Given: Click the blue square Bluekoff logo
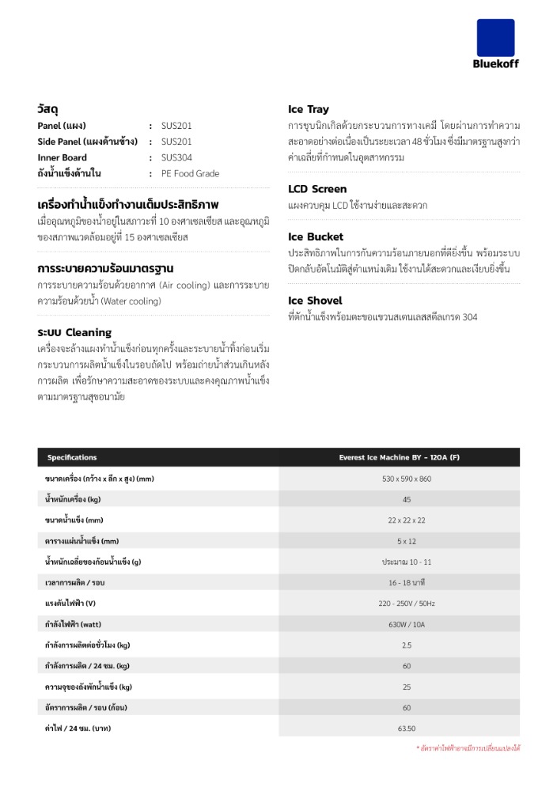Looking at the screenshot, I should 495,38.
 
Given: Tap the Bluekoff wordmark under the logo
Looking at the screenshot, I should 497,64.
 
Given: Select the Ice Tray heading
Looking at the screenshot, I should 309,109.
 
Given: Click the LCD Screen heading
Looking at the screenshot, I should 317,189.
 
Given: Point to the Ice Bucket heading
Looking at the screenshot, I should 316,237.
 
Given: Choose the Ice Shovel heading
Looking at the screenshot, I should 315,301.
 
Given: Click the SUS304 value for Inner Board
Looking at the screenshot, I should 176,157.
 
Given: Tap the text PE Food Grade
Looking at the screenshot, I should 190,173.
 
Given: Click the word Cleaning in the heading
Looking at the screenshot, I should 89,332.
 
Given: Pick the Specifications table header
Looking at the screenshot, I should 72,457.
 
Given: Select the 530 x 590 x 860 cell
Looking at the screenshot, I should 407,479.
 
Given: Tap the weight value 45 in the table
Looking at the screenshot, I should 407,499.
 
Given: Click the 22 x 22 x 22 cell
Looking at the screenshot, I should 407,520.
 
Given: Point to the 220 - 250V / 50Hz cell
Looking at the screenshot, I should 407,603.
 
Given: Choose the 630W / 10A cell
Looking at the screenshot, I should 407,624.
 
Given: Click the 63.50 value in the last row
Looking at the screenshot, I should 407,728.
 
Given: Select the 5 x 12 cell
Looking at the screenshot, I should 407,541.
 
